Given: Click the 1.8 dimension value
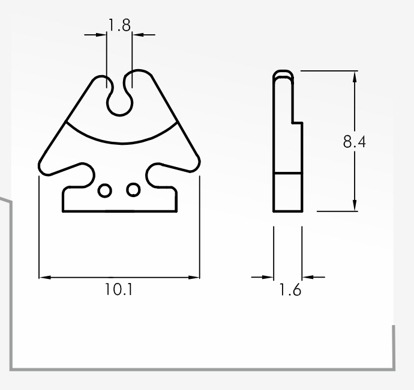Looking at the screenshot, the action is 119,25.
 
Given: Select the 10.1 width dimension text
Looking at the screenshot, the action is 119,289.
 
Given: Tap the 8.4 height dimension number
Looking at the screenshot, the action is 355,142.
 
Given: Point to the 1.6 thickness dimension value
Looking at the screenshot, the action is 290,289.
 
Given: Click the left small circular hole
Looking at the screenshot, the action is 104,190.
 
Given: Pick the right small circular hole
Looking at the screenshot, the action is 133,189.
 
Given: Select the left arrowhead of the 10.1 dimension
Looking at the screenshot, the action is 45,278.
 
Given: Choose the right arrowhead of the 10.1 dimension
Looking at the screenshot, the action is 194,278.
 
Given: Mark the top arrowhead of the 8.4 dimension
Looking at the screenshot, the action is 355,77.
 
